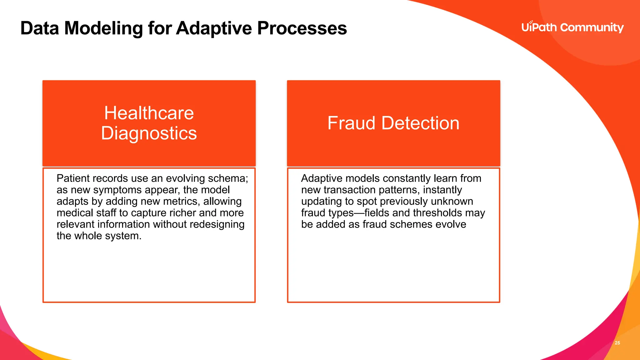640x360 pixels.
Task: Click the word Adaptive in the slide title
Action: (214, 28)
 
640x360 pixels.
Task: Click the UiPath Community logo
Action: (572, 27)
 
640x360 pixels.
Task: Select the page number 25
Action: (617, 343)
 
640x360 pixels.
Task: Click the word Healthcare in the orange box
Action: (149, 113)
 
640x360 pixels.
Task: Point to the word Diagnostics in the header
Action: (149, 133)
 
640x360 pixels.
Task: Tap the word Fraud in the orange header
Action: (351, 123)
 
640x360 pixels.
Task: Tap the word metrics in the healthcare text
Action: (181, 202)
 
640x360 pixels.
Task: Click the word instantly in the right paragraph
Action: (442, 190)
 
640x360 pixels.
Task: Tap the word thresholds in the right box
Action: (437, 213)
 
